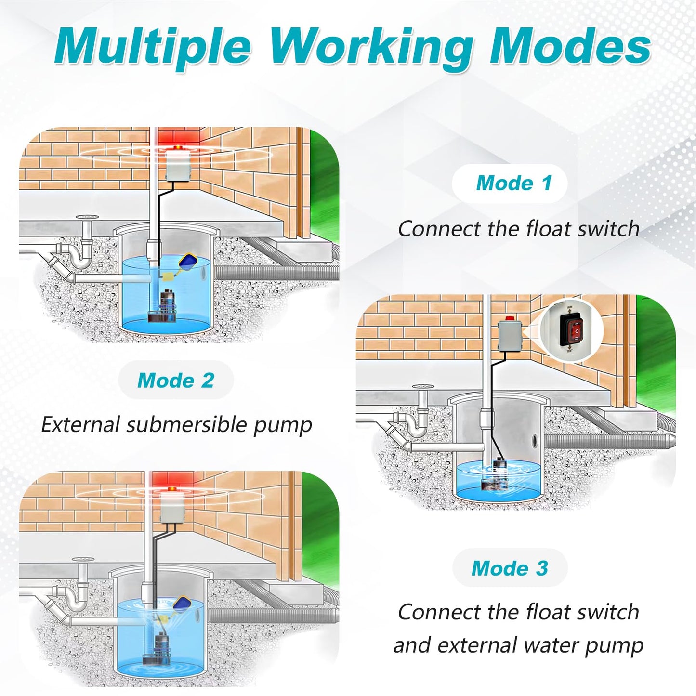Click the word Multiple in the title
coord(153,47)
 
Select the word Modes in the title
coord(570,47)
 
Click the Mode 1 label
coord(513,184)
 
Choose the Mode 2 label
coord(175,381)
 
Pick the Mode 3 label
coord(510,568)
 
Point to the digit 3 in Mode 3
coord(542,568)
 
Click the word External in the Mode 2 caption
coord(80,425)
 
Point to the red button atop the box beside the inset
coord(509,318)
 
